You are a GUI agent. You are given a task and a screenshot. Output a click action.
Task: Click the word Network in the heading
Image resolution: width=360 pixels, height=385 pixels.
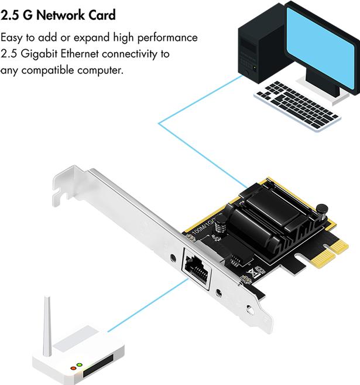click(61, 15)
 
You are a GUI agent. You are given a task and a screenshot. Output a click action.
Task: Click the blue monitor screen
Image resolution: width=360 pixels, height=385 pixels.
click(321, 47)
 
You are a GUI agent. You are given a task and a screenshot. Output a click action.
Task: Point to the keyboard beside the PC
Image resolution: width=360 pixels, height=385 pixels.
click(297, 106)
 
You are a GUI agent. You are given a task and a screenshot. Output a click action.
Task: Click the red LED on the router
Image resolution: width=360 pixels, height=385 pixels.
click(73, 369)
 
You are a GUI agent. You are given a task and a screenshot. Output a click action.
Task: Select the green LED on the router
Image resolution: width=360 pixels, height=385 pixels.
click(79, 365)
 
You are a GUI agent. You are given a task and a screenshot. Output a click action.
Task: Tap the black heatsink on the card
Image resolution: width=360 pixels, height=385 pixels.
click(275, 219)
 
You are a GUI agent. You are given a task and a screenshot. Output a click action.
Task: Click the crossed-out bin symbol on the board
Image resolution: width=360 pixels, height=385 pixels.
click(254, 272)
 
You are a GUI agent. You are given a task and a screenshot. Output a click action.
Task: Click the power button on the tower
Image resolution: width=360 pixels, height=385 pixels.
click(247, 72)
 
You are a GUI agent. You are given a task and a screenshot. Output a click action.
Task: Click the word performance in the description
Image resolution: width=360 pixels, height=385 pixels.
click(167, 38)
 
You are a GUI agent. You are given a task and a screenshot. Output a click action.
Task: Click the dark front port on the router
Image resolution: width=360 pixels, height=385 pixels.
click(98, 366)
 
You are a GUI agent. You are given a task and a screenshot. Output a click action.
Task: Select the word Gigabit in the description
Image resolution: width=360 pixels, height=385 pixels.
click(39, 54)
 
